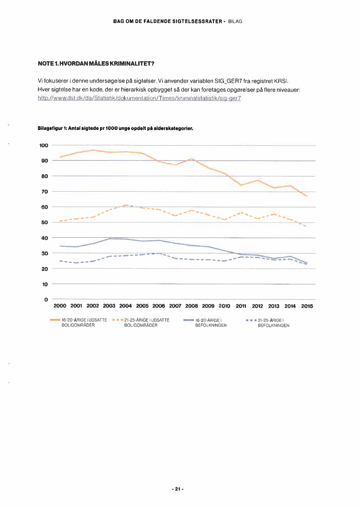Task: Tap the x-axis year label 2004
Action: [x=126, y=306]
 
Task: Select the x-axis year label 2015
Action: [x=307, y=306]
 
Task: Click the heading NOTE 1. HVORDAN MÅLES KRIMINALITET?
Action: [x=96, y=64]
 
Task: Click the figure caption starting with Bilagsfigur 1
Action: [x=116, y=129]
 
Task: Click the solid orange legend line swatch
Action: [x=55, y=320]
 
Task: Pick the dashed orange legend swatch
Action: [x=117, y=320]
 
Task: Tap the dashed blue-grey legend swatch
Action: [x=251, y=320]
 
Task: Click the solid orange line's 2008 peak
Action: [x=192, y=159]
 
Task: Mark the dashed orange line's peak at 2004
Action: [x=126, y=205]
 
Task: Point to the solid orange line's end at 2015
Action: [x=307, y=196]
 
